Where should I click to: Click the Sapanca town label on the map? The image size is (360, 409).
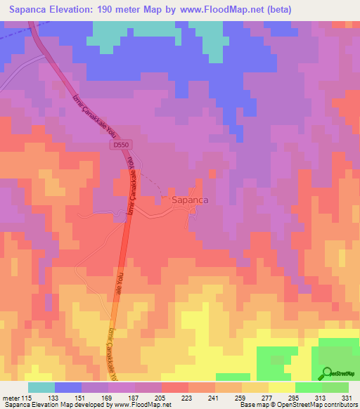[190, 200]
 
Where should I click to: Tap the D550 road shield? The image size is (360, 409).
[122, 145]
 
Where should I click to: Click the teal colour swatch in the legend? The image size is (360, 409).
[41, 387]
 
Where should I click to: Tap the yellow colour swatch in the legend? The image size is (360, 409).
[281, 387]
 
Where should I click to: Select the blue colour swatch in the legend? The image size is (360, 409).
[68, 387]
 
